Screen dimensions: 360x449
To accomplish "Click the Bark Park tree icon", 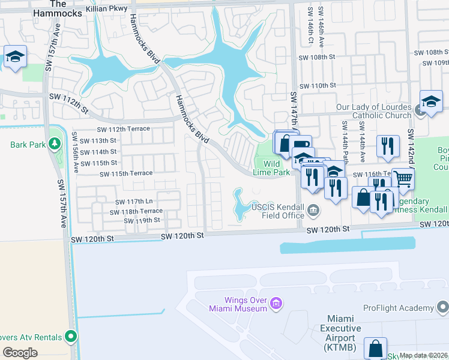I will (x=55, y=144).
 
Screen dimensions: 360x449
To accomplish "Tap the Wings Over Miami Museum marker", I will (x=276, y=304).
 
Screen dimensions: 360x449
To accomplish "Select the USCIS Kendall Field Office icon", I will (x=313, y=211).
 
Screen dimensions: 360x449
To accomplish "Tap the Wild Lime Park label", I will (x=273, y=168).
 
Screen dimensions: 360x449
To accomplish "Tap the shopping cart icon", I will (x=403, y=178).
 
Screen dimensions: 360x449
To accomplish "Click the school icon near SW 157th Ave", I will (x=14, y=57).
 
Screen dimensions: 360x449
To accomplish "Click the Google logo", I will (x=20, y=353).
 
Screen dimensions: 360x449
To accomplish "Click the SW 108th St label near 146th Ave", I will (x=316, y=57).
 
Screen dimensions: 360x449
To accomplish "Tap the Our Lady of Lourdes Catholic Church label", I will (x=374, y=111).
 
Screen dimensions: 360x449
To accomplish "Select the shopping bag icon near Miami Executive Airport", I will (x=375, y=348).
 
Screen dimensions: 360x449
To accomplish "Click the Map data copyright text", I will (x=423, y=355).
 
